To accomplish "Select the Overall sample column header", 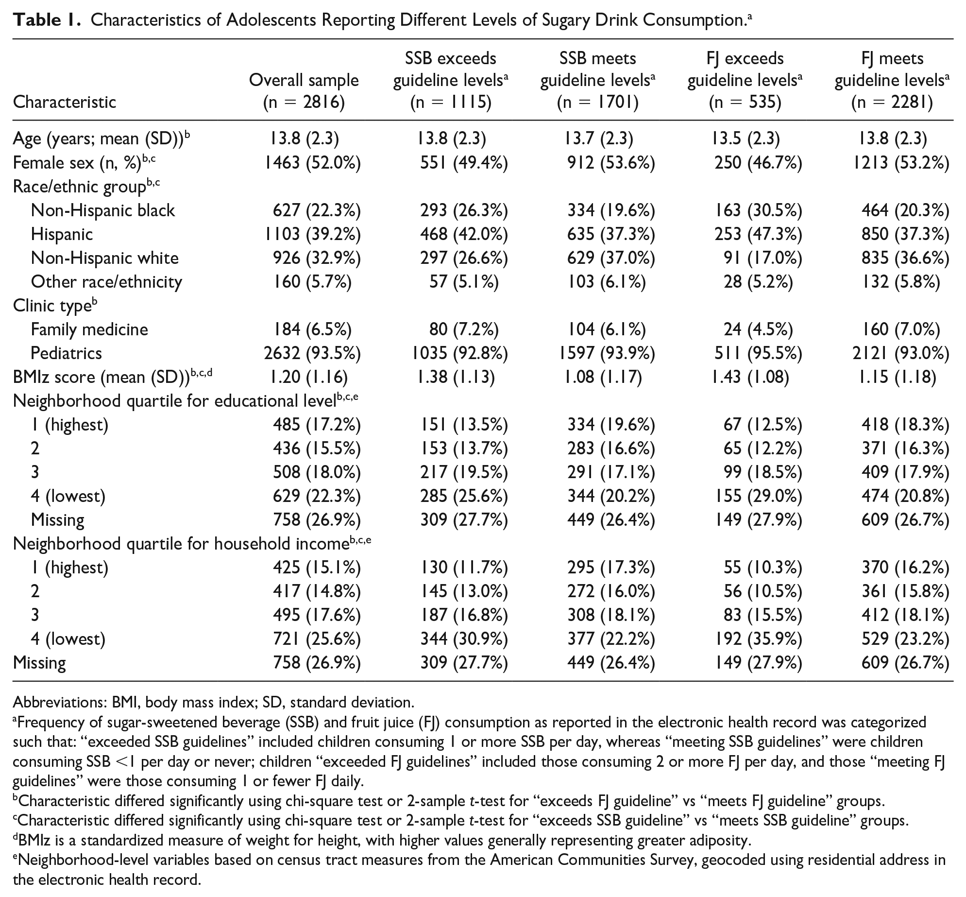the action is click(304, 80).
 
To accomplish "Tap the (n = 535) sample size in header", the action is click(745, 102).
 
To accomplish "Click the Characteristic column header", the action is click(65, 102).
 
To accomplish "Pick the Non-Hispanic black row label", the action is click(102, 210).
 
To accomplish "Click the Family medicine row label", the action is click(89, 329).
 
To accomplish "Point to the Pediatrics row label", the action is click(66, 353).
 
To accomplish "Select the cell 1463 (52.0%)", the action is click(312, 163).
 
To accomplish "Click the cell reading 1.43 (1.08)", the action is click(750, 377).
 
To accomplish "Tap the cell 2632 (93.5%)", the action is click(312, 353).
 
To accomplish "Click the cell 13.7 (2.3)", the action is click(599, 139).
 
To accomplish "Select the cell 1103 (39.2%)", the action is click(312, 234).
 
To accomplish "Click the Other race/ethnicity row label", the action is click(106, 282).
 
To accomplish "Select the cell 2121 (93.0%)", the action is click(900, 353).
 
